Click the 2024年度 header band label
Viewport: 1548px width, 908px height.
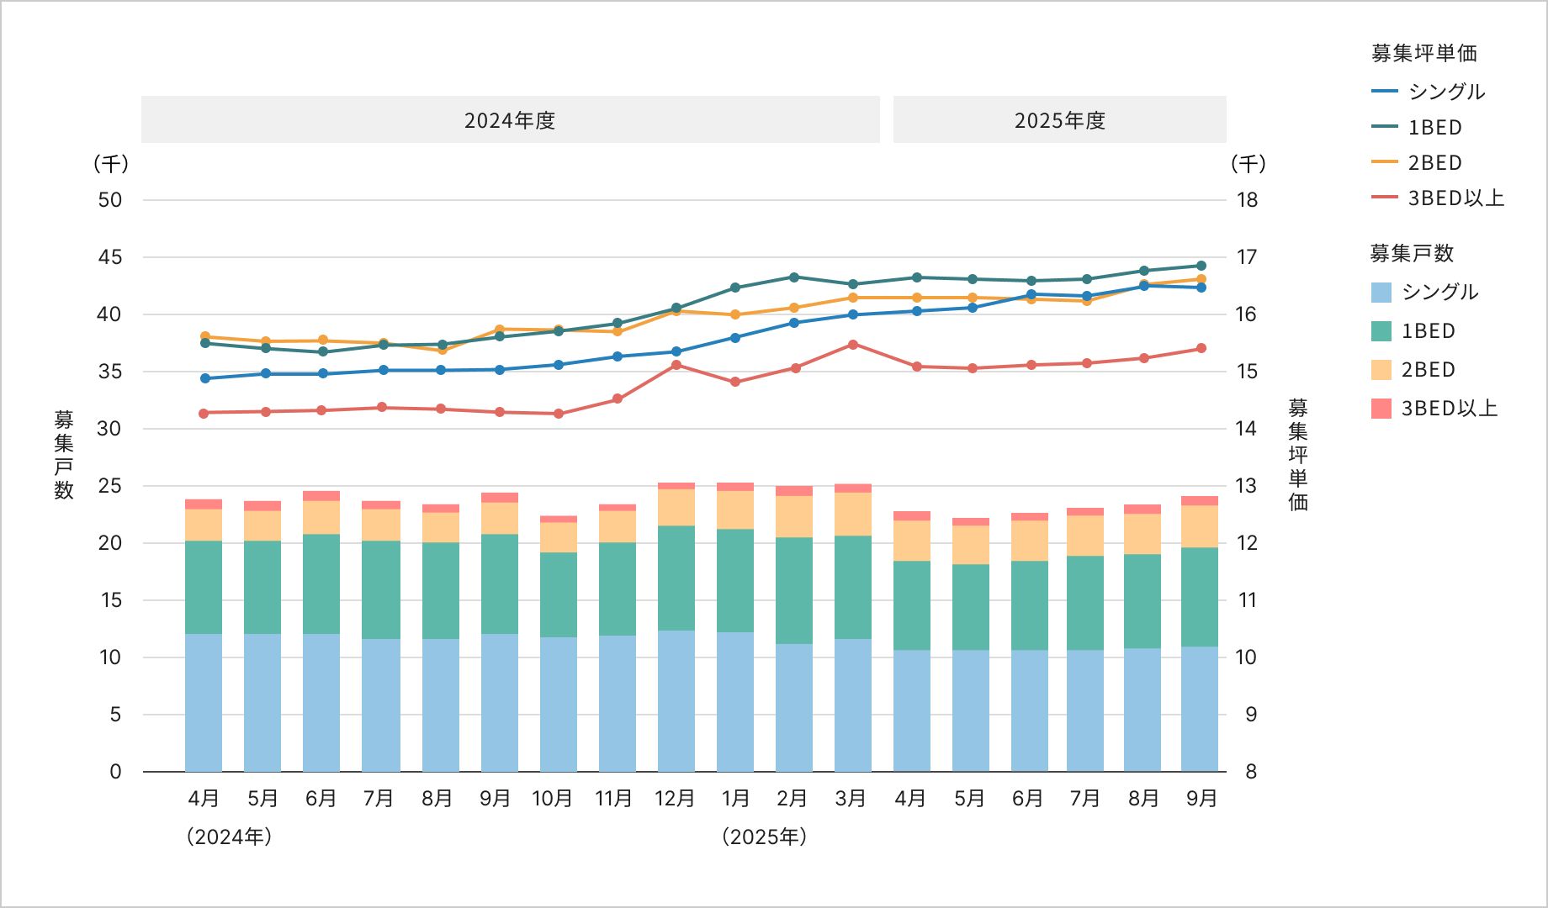[x=510, y=120]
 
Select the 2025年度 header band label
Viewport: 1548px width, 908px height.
[x=1059, y=120]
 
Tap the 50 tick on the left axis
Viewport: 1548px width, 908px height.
[x=110, y=200]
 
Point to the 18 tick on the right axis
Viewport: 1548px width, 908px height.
[x=1247, y=200]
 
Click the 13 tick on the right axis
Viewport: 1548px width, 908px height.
[x=1247, y=486]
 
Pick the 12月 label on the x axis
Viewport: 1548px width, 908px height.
[x=676, y=798]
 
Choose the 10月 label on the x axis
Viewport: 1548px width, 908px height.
[x=553, y=798]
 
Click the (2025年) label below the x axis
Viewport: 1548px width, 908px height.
[x=764, y=837]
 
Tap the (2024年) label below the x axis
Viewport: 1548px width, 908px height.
[x=230, y=837]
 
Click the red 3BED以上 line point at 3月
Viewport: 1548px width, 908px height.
[x=853, y=345]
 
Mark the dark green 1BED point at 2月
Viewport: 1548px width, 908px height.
[x=794, y=277]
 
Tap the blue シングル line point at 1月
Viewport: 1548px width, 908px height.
[x=735, y=338]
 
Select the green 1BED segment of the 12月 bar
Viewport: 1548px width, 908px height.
[x=676, y=578]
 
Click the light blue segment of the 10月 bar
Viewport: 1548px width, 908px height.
[x=559, y=705]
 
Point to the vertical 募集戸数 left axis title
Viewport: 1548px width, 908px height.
[x=64, y=454]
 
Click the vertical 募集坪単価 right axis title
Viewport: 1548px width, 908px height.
[x=1298, y=454]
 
